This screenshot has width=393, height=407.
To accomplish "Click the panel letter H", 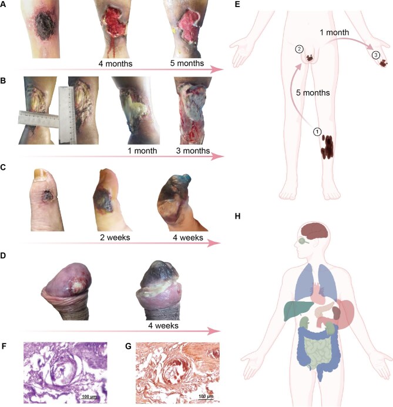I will (237, 216).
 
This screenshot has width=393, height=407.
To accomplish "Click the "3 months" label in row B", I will (193, 151).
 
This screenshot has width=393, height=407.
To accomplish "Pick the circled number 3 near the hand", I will (376, 55).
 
